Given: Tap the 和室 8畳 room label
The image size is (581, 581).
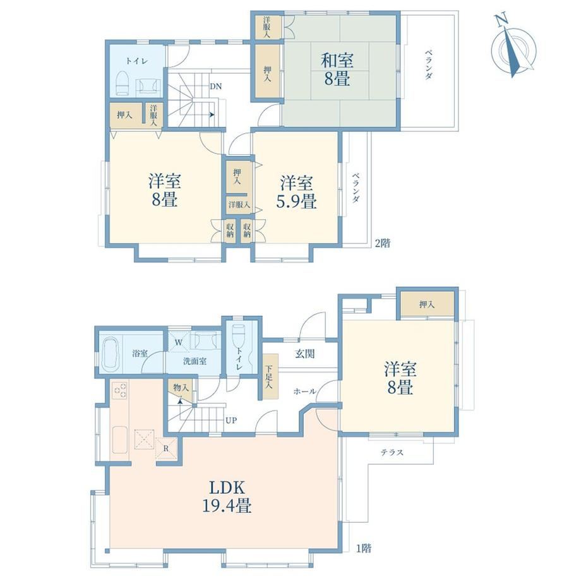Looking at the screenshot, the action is click(x=337, y=69).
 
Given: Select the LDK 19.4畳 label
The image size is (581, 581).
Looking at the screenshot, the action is click(x=227, y=496).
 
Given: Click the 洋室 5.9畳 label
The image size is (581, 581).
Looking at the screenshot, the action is click(x=296, y=193).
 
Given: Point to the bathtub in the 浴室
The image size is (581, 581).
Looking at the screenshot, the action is click(x=110, y=354).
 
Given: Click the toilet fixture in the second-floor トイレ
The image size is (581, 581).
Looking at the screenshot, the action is click(x=122, y=84).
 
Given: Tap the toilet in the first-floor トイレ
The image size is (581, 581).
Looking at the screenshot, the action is click(x=237, y=335).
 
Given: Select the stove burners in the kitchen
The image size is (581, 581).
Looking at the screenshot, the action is click(x=119, y=391).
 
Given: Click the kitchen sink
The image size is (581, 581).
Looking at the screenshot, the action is click(x=120, y=440).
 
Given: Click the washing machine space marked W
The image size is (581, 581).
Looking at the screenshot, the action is click(x=178, y=342).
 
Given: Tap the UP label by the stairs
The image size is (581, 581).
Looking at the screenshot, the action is click(x=231, y=421).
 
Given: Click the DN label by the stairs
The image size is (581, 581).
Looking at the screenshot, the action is click(x=215, y=87).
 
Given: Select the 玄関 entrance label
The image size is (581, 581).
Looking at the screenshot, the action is click(x=305, y=354).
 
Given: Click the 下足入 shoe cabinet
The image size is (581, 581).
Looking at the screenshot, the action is click(x=270, y=376).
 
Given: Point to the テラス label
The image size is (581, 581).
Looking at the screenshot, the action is click(x=392, y=452).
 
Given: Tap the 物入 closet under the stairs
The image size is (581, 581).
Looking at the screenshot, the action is click(x=181, y=390).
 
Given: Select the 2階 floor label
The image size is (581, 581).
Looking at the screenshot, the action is click(x=383, y=243).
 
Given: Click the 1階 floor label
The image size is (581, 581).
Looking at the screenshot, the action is click(x=364, y=548).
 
